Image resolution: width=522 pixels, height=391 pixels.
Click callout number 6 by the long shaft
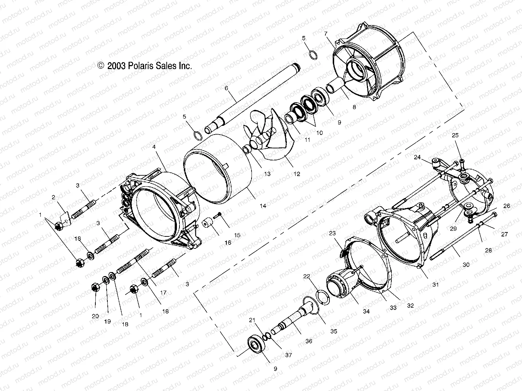pos(226,88)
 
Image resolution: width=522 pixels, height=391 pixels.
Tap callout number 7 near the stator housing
pos(326,33)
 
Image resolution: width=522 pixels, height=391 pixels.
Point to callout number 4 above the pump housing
pos(154,147)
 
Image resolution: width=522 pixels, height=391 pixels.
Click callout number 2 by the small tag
pos(54,198)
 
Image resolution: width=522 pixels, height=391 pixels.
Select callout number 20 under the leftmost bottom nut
pos(95,316)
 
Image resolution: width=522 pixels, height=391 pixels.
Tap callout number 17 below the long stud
pos(163,292)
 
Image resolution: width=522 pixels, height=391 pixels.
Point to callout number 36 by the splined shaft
pos(309,341)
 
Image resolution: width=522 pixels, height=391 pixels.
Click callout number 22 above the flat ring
pos(307,276)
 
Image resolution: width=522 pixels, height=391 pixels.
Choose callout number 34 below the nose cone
pos(366,311)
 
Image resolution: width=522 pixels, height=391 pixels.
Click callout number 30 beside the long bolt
pos(466,265)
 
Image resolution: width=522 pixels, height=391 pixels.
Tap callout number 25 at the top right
pos(455,135)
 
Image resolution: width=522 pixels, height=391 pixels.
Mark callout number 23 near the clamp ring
pos(333,233)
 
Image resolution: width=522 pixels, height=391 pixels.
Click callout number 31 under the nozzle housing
pos(435,284)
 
